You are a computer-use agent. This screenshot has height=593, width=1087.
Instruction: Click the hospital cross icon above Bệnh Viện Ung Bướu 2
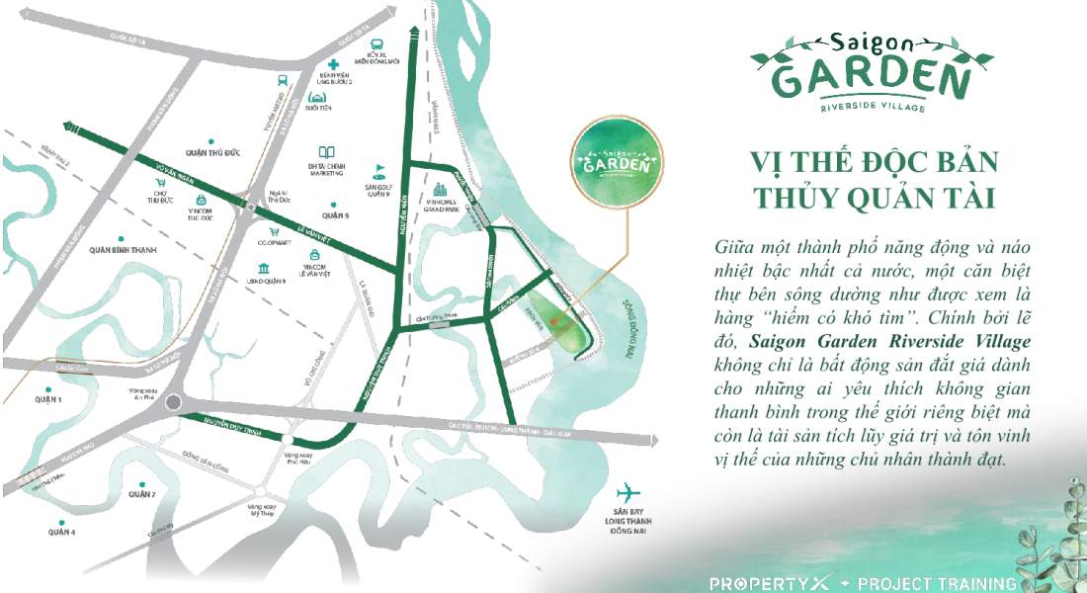click(335, 64)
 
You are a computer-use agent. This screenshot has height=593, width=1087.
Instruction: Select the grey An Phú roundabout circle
click(175, 402)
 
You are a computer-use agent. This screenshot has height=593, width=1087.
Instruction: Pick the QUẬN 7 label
click(141, 493)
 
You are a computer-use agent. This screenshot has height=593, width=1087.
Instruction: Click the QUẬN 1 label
click(46, 399)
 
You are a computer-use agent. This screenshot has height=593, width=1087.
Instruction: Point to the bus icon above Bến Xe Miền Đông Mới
click(376, 43)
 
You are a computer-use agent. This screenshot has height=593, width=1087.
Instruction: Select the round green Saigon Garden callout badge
click(618, 162)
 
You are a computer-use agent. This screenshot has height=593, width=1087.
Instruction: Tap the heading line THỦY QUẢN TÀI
click(872, 197)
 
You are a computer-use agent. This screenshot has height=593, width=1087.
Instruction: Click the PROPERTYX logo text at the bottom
click(766, 583)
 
